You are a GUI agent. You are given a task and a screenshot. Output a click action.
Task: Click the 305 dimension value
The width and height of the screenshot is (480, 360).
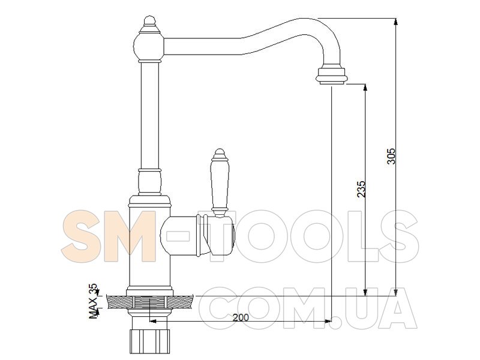click(x=391, y=156)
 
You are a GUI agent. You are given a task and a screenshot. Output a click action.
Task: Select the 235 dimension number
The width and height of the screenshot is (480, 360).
click(x=361, y=189)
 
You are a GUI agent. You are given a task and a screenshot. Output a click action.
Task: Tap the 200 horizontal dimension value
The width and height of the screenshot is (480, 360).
click(x=241, y=317)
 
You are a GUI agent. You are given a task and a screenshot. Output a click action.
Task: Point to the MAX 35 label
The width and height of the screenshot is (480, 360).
click(x=94, y=301)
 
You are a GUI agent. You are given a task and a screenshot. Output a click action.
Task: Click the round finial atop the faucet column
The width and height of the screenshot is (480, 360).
click(x=149, y=21)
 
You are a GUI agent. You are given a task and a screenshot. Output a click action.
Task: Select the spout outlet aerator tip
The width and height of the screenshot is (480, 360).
click(x=332, y=76)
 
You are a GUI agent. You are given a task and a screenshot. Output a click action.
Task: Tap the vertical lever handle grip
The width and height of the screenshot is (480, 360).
click(x=220, y=184)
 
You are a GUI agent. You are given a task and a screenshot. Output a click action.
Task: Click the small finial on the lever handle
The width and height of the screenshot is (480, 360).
click(x=219, y=154)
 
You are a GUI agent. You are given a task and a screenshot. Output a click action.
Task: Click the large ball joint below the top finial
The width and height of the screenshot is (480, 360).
click(x=149, y=46)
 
